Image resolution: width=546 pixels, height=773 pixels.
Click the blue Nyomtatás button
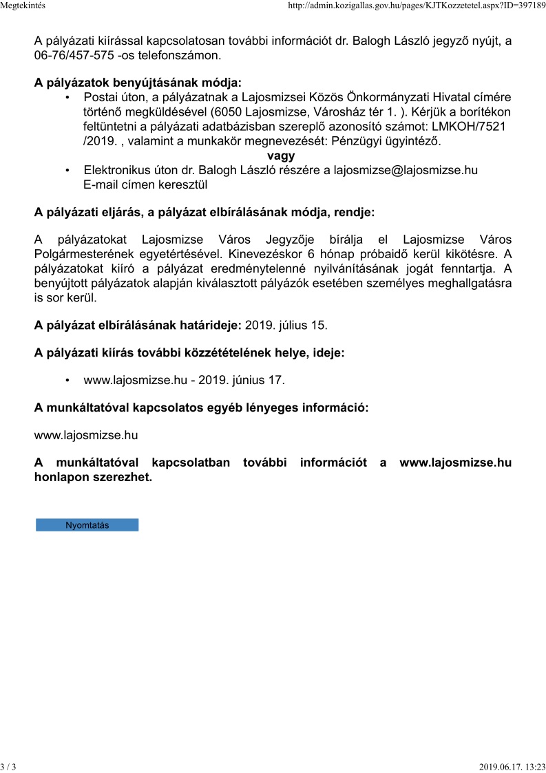[87, 525]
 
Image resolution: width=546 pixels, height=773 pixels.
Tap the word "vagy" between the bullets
[281, 156]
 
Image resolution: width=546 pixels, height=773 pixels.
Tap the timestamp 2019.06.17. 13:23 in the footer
[512, 766]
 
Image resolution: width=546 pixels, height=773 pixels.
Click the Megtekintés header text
[23, 6]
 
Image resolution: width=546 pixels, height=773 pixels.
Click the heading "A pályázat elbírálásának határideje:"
[138, 324]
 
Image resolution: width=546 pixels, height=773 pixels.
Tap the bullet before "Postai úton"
[67, 98]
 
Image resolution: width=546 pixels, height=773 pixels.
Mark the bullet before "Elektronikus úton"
[67, 170]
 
